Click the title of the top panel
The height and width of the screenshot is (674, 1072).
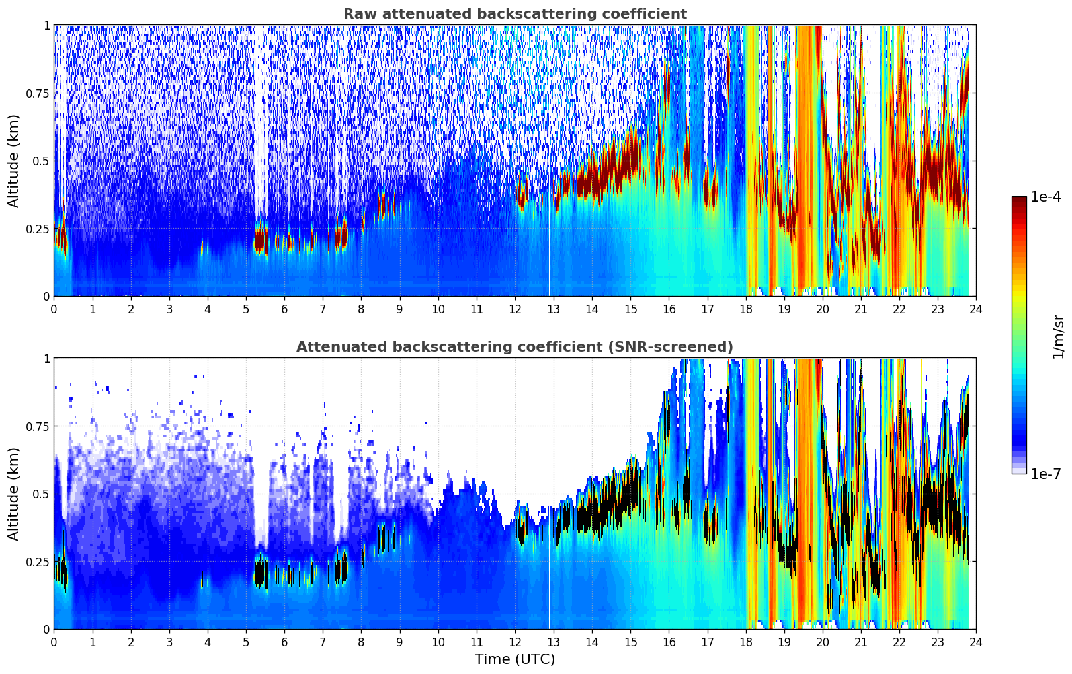(x=515, y=14)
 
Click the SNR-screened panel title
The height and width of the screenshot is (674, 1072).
(x=515, y=347)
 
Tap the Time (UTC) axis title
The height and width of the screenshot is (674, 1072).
(x=515, y=659)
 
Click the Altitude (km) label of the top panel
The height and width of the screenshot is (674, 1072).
(x=14, y=161)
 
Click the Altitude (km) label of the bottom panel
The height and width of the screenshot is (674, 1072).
(x=14, y=494)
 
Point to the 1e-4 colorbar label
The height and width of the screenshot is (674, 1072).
(x=1046, y=197)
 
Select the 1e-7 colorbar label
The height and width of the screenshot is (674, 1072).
(x=1046, y=474)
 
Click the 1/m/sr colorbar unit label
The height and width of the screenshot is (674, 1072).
(x=1058, y=336)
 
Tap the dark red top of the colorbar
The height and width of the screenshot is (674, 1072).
(x=1019, y=200)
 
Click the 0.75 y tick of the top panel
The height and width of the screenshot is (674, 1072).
(x=38, y=93)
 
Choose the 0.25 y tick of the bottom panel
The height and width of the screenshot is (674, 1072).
(x=38, y=562)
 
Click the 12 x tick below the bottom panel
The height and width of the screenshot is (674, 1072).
(x=515, y=642)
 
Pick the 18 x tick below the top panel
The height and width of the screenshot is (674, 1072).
(x=745, y=309)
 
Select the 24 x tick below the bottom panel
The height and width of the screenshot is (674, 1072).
(x=976, y=642)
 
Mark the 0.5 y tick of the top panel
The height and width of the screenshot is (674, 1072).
(x=42, y=161)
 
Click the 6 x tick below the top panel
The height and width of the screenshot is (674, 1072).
(x=284, y=309)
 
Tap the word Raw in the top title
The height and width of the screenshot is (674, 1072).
(x=358, y=14)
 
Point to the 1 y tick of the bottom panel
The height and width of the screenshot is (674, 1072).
(x=46, y=359)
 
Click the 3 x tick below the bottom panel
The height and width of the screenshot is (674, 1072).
(x=169, y=642)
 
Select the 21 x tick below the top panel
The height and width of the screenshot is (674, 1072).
(x=860, y=309)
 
